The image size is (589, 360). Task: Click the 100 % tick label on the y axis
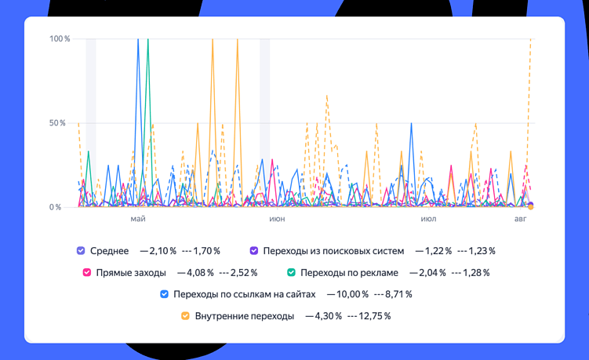[60, 38]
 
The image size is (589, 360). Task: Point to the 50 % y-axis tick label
[58, 123]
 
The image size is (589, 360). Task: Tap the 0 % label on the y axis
[55, 208]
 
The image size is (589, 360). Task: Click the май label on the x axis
[138, 219]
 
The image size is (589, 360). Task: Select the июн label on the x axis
[277, 219]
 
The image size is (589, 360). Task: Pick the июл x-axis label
[428, 219]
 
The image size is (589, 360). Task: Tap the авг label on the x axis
[521, 219]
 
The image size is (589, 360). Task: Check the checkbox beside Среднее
[81, 251]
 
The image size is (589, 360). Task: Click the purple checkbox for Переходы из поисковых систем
[254, 251]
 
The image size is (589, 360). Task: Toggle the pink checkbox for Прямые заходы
[87, 273]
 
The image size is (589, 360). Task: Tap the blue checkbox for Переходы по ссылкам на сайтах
[164, 294]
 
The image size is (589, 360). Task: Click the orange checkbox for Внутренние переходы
[186, 316]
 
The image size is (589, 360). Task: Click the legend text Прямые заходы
[131, 273]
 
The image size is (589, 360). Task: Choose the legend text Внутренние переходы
[245, 316]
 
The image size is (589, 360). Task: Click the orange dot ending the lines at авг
[531, 207]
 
